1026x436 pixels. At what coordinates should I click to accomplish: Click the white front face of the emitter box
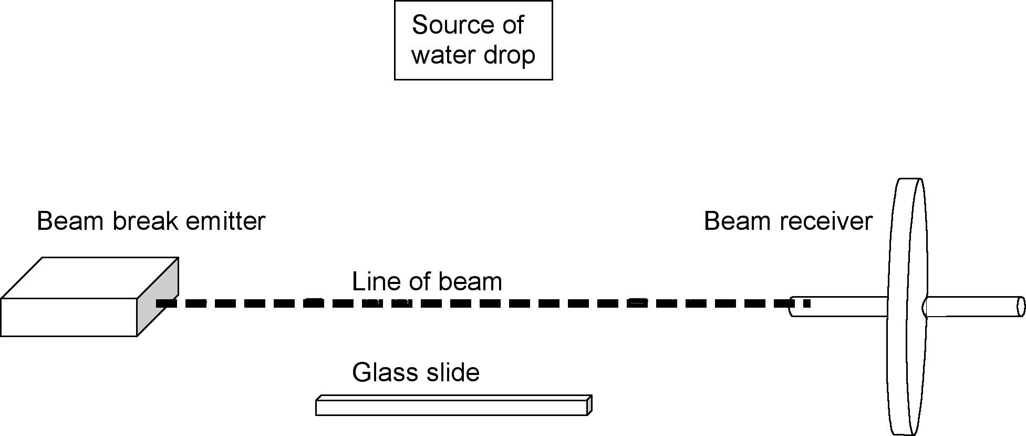pos(68,317)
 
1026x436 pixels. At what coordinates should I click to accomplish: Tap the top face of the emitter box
pos(89,278)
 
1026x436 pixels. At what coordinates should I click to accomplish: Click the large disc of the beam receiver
pos(906,263)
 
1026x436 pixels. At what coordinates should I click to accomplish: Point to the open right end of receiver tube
pos(1020,307)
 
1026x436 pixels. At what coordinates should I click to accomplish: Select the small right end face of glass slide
pos(589,405)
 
